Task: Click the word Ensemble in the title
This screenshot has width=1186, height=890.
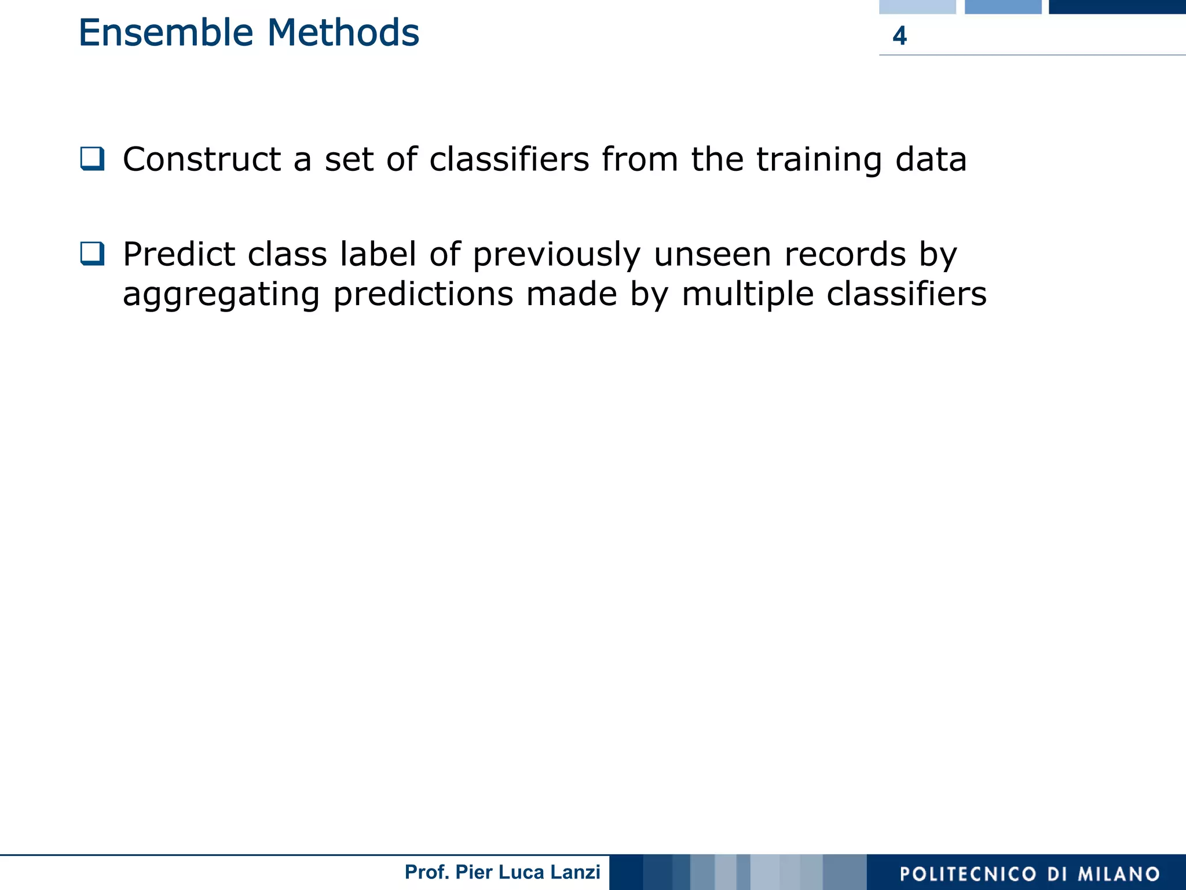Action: (x=166, y=33)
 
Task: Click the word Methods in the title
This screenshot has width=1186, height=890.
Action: (x=343, y=33)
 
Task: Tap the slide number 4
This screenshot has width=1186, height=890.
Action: (x=899, y=36)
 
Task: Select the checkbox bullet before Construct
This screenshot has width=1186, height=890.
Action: (x=93, y=159)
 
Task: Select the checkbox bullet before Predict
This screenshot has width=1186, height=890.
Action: (x=93, y=254)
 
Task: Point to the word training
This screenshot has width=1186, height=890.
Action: (x=819, y=160)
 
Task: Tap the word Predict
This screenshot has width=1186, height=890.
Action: (x=179, y=254)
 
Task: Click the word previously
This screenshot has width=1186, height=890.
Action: (x=557, y=255)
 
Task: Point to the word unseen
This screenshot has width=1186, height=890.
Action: (x=712, y=255)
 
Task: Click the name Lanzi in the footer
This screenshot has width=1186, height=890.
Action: (x=576, y=872)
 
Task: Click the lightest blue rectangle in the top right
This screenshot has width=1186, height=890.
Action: (x=917, y=6)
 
